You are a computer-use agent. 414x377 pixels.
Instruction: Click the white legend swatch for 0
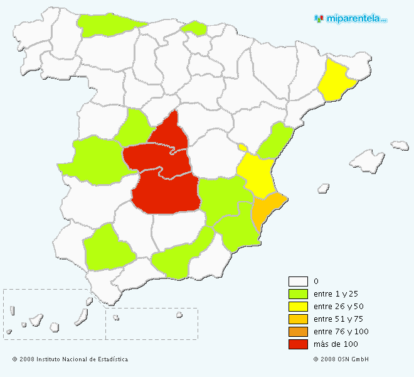pyautogui.click(x=298, y=281)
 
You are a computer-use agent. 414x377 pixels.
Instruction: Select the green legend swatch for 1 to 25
pyautogui.click(x=298, y=293)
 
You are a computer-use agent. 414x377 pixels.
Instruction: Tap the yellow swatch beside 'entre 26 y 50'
pyautogui.click(x=298, y=306)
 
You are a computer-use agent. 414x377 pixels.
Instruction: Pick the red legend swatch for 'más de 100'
pyautogui.click(x=298, y=344)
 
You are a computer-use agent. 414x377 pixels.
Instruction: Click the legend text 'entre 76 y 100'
pyautogui.click(x=341, y=332)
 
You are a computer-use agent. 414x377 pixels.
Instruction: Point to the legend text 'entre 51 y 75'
pyautogui.click(x=337, y=319)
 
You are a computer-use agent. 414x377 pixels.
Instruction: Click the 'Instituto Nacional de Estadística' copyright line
pyautogui.click(x=70, y=359)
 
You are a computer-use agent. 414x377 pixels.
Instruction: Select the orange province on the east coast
pyautogui.click(x=266, y=211)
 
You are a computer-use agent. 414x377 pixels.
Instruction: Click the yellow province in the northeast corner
pyautogui.click(x=336, y=80)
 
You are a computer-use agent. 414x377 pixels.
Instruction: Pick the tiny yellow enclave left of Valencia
pyautogui.click(x=243, y=148)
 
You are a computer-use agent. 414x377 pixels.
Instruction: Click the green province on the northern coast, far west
pyautogui.click(x=107, y=25)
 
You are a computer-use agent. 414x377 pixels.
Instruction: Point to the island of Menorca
pyautogui.click(x=400, y=146)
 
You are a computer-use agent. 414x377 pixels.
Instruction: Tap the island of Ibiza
pyautogui.click(x=324, y=188)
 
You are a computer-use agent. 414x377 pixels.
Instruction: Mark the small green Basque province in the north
pyautogui.click(x=194, y=28)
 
